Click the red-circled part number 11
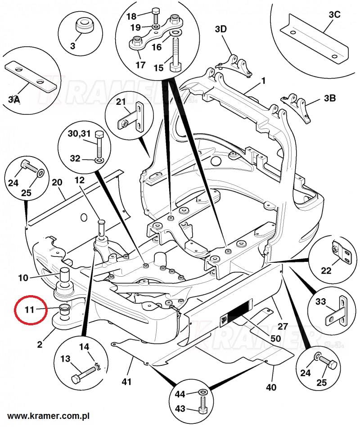(29, 309)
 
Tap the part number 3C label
(334, 14)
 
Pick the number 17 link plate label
(140, 65)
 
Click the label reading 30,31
(80, 134)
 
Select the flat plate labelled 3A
(27, 76)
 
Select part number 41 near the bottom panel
(126, 382)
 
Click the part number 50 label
(276, 338)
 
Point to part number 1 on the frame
(263, 81)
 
